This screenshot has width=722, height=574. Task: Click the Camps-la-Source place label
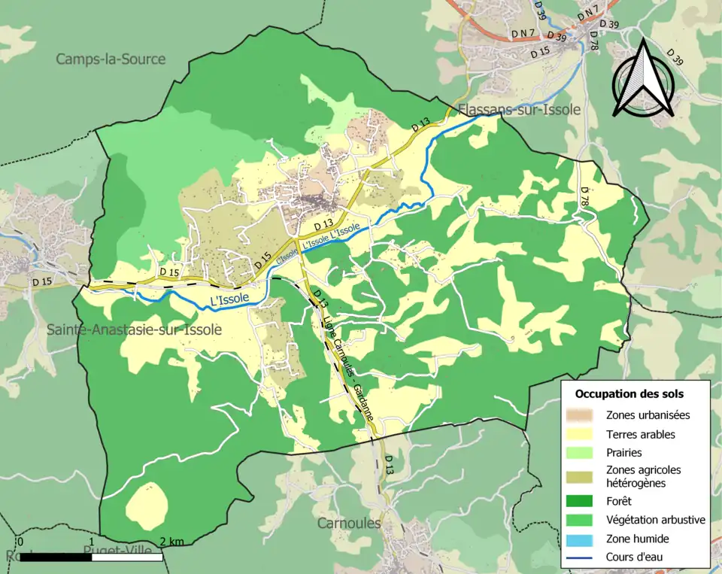click(x=111, y=59)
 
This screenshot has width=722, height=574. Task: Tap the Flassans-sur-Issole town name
click(x=519, y=110)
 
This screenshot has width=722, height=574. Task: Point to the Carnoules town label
click(x=349, y=522)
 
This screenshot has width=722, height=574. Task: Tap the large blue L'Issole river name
click(x=230, y=300)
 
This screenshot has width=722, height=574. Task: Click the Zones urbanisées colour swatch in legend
click(x=585, y=415)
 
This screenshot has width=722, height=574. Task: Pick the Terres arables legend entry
click(x=640, y=434)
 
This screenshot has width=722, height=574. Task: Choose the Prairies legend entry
click(x=623, y=453)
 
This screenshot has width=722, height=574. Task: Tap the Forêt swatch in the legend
click(x=585, y=500)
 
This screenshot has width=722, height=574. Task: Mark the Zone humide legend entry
click(x=637, y=539)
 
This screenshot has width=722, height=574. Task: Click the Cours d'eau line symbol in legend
click(x=585, y=557)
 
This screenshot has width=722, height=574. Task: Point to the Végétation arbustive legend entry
click(x=655, y=519)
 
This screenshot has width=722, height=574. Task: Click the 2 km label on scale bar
click(x=172, y=542)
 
